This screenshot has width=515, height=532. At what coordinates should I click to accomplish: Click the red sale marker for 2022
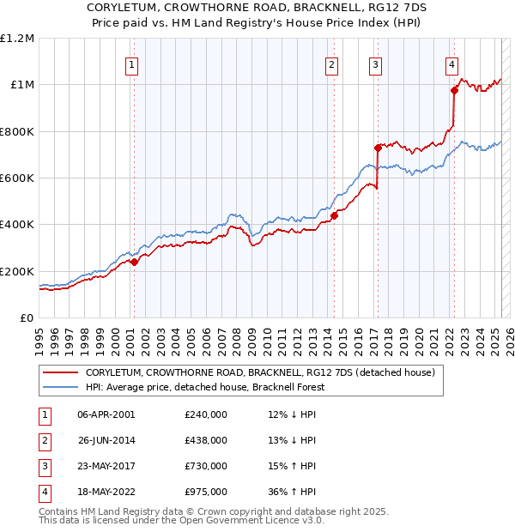pos(454,90)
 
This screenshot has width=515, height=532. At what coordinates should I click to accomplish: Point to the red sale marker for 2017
pos(378,148)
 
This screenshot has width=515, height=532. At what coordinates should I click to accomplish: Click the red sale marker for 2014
pos(334,215)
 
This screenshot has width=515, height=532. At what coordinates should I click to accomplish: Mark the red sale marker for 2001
pos(134,262)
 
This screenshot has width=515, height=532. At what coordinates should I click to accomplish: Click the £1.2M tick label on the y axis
pos(17,39)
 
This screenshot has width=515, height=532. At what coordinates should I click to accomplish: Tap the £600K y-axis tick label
pos(17,178)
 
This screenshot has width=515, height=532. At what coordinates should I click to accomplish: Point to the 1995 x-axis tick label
pos(39,335)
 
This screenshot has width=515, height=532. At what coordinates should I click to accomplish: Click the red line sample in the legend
pos(60,372)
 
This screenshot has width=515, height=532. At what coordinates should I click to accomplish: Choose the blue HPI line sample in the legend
pos(60,387)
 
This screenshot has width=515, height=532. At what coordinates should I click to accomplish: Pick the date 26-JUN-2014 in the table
pos(106,439)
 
